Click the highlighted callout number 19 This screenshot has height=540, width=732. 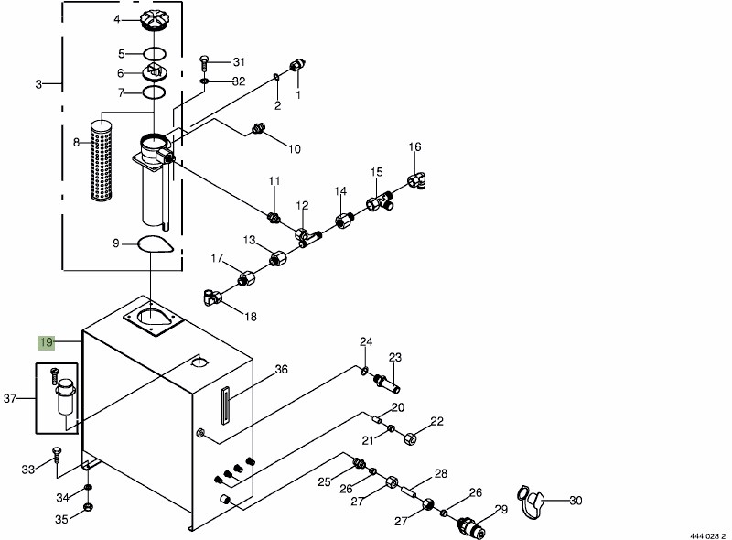coord(47,342)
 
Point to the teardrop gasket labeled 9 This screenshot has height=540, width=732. coord(152,244)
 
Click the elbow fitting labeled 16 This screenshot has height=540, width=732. coord(421,182)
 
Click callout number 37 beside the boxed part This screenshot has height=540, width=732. coord(11,398)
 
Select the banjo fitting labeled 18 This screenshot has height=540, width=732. coord(211,297)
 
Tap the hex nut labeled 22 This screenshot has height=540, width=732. coord(410,438)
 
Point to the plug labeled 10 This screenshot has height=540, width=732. coord(259,131)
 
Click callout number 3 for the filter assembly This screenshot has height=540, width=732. coord(38,84)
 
